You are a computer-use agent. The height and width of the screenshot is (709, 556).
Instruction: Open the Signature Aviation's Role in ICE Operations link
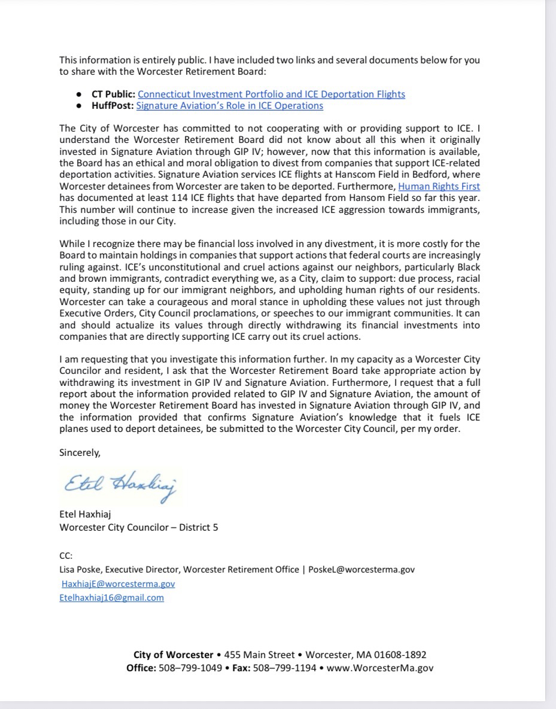(x=230, y=106)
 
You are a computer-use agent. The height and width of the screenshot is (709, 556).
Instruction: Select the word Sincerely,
(x=80, y=452)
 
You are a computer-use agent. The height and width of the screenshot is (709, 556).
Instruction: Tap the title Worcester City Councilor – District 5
(x=139, y=527)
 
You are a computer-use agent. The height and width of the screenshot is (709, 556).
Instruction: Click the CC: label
(x=66, y=556)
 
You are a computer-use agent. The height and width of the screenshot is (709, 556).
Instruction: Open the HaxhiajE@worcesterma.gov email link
(x=119, y=583)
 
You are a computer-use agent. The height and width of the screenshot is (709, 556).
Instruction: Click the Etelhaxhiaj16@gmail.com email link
(x=112, y=597)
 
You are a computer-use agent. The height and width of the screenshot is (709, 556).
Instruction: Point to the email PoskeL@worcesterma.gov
(x=361, y=570)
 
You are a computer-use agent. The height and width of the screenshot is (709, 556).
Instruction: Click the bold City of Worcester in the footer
(x=174, y=655)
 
